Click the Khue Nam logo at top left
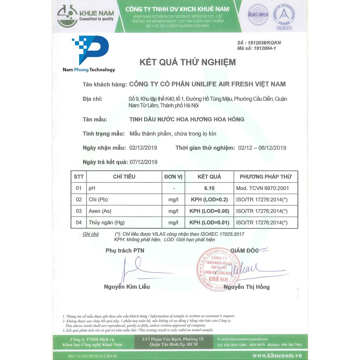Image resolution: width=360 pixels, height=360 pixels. click(85, 17)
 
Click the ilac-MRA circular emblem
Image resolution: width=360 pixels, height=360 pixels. click(258, 15)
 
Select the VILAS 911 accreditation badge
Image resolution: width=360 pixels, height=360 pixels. click(284, 17)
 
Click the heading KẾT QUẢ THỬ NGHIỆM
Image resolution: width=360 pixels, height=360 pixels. click(188, 63)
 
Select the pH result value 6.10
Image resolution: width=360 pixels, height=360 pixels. click(209, 188)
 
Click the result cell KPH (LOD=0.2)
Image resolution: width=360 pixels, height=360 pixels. click(209, 200)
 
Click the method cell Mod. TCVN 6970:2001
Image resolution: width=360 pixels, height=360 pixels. click(262, 188)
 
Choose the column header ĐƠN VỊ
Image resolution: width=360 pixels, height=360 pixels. click(173, 176)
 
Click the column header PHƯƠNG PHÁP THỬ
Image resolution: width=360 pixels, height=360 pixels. click(265, 176)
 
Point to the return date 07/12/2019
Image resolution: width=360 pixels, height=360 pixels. click(143, 162)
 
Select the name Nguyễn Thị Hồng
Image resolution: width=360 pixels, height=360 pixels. click(247, 287)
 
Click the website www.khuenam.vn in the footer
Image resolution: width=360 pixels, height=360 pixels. click(277, 355)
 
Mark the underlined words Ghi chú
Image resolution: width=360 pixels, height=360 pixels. click(91, 234)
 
